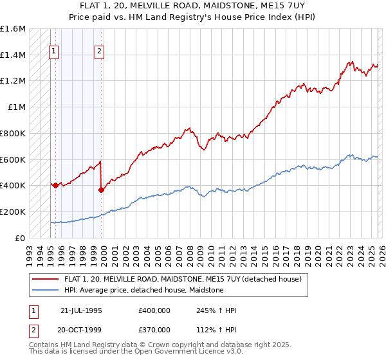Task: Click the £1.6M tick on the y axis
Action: tap(13, 29)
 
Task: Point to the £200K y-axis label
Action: tap(13, 212)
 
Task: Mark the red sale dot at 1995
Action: tap(56, 185)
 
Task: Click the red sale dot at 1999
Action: tap(101, 189)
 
